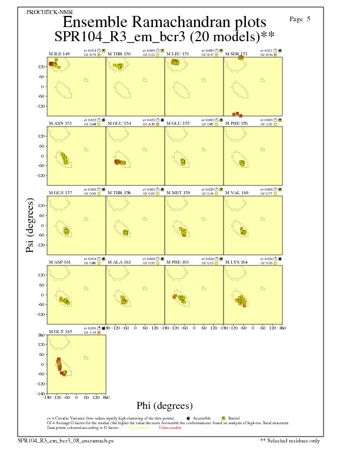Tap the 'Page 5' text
[x=300, y=19]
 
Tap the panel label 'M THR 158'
[x=119, y=192]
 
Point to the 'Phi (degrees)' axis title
[x=164, y=405]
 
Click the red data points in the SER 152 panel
[x=237, y=114]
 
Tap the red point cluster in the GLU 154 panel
[x=117, y=162]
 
